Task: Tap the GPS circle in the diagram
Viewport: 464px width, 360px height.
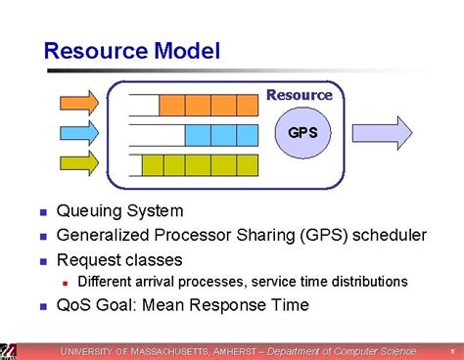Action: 302,131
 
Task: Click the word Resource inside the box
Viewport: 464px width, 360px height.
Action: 300,95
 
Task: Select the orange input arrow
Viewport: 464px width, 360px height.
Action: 79,102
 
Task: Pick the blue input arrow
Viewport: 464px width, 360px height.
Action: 79,132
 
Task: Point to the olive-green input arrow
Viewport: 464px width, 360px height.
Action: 79,162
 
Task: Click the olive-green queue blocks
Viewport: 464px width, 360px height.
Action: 201,164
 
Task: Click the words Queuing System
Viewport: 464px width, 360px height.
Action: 119,210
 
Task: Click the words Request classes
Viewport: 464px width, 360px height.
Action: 119,259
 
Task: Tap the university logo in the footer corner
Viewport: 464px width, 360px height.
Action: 8,350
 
